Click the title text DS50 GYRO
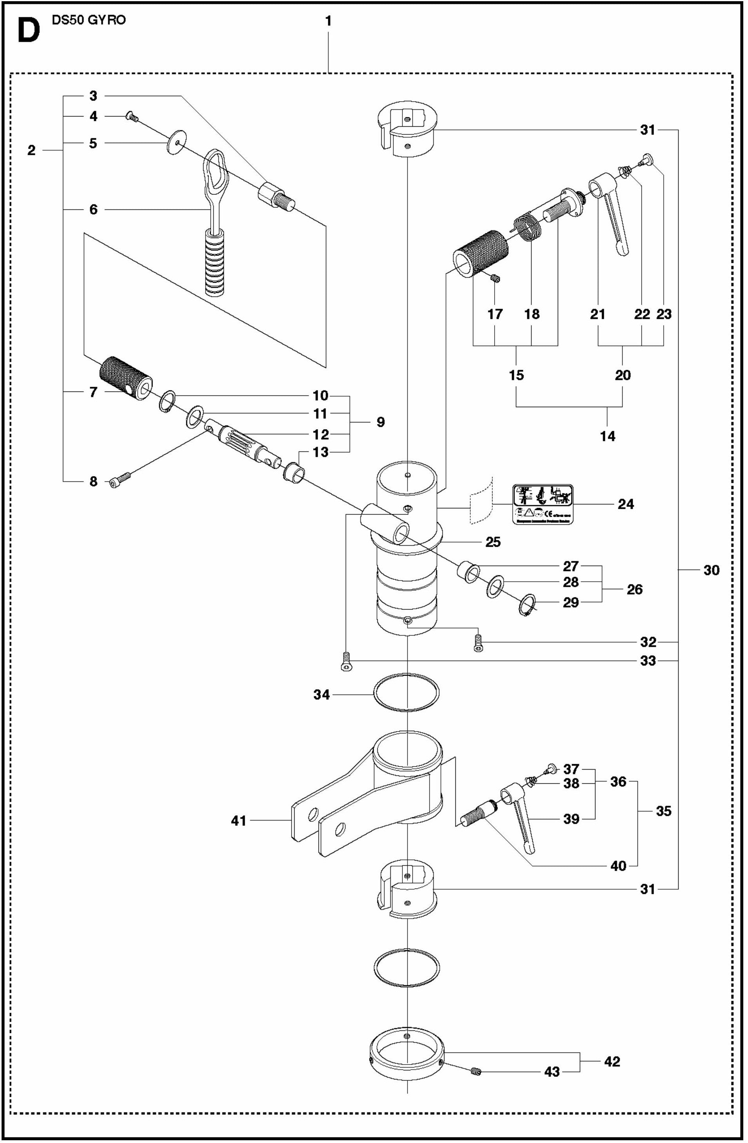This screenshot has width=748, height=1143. [89, 20]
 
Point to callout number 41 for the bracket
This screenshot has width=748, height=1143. [238, 821]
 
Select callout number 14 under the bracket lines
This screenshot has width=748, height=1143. [607, 436]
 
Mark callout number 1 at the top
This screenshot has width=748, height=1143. [328, 22]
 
